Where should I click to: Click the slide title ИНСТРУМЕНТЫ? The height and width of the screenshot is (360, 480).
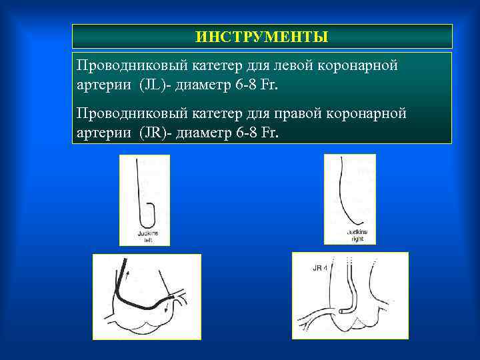pyautogui.click(x=262, y=37)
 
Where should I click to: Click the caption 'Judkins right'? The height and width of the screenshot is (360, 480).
pyautogui.click(x=357, y=235)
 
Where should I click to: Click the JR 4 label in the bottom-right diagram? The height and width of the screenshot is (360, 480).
pyautogui.click(x=320, y=269)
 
